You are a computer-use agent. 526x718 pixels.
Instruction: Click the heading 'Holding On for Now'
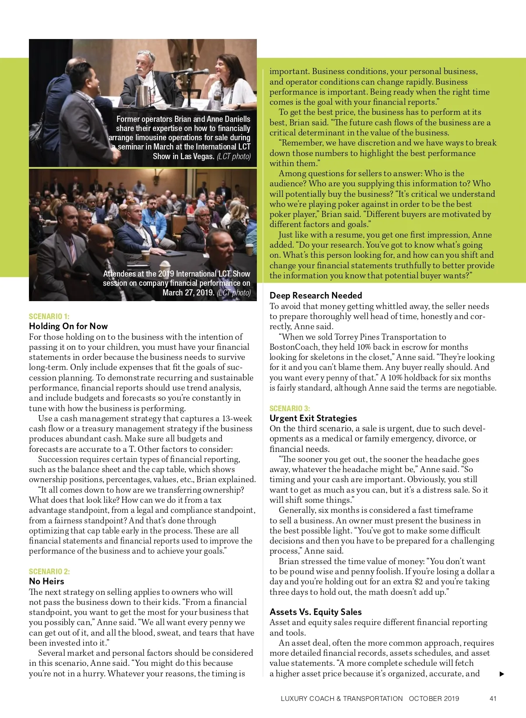68,326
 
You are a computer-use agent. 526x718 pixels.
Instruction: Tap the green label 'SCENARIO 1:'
49,316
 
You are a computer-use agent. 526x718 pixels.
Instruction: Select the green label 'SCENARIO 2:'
49,571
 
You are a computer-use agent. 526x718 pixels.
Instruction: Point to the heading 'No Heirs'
46,581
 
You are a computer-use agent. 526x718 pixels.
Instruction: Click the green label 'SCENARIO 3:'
290,408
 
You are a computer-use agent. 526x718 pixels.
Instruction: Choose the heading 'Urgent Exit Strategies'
313,418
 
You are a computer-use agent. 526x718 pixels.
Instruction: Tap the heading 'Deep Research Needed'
316,295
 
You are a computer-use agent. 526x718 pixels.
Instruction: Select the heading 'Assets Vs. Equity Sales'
316,612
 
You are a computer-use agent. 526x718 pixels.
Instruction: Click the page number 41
493,699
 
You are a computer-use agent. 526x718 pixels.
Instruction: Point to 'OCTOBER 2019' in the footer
434,699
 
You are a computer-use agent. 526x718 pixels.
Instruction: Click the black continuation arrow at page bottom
502,674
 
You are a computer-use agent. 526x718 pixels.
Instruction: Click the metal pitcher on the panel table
142,96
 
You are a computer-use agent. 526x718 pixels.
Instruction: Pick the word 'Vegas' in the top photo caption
204,156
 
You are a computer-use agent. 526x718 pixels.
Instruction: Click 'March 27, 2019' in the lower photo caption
188,293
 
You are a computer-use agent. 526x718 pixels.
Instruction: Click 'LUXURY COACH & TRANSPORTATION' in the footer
341,699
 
